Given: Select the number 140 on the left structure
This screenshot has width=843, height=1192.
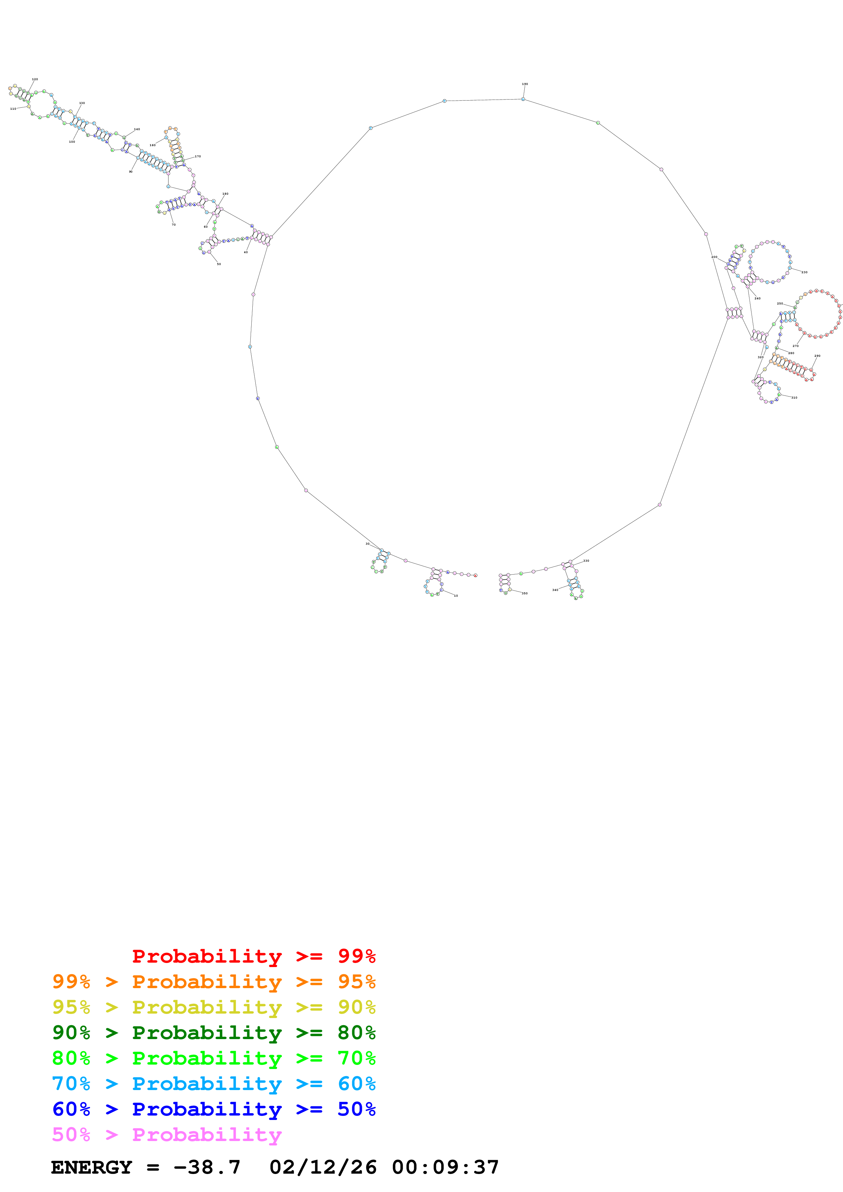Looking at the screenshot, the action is [137, 129].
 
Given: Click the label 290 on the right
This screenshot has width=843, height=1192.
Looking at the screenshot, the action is [817, 356].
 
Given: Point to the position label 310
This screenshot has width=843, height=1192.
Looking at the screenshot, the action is [794, 398].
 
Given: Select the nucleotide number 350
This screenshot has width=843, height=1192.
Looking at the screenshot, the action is [525, 593].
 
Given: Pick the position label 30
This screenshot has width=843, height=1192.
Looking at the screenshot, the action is [367, 544].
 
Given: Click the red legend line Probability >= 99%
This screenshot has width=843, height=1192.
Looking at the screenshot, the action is [253, 956].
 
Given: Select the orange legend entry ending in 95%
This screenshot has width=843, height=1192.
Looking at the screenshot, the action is [214, 981].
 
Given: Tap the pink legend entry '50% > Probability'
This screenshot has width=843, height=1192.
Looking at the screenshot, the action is [166, 1134].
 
